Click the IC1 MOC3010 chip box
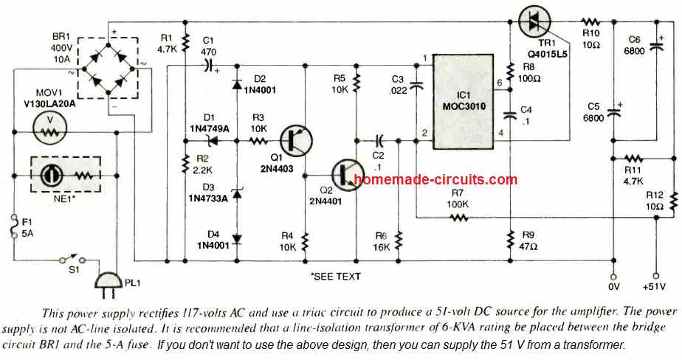click(x=463, y=96)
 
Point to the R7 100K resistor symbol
click(x=458, y=218)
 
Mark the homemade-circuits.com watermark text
click(x=435, y=179)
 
